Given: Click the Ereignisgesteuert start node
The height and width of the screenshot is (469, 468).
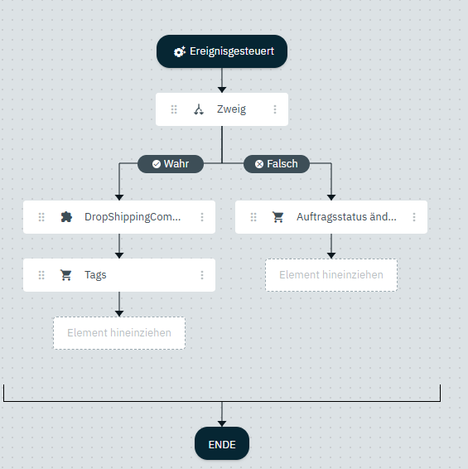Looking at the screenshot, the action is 222,51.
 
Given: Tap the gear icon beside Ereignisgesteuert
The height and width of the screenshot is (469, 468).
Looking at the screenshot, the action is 180,51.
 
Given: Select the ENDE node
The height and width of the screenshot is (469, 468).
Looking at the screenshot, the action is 222,443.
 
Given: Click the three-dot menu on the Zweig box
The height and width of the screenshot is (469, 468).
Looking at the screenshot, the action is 275,109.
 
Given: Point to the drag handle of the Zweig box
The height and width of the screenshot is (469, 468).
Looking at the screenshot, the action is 174,109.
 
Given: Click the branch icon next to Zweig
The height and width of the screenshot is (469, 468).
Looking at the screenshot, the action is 199,109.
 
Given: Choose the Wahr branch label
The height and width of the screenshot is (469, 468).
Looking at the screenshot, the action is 171,164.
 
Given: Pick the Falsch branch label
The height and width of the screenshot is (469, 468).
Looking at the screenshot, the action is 277,164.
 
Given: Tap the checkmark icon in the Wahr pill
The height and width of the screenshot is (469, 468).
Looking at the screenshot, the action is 156,164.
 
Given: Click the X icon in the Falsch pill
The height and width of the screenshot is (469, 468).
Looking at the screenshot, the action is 259,164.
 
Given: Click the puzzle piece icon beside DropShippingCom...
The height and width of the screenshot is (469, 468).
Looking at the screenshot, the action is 66,217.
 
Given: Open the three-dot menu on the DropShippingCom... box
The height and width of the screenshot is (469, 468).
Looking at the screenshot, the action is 202,217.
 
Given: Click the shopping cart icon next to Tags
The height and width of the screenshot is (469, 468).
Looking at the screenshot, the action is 65,275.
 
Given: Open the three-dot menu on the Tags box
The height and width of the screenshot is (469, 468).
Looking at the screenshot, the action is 202,275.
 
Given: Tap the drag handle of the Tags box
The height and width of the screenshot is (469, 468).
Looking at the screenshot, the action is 41,275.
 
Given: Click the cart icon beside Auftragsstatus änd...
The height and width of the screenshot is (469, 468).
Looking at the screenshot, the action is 277,217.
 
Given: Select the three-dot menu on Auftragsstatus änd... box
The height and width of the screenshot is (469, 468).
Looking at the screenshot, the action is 414,217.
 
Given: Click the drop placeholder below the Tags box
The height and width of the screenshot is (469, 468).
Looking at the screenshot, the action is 119,333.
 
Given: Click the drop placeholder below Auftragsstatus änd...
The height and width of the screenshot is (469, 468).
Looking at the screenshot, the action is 331,275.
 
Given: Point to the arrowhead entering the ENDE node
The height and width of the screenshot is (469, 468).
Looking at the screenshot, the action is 222,423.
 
